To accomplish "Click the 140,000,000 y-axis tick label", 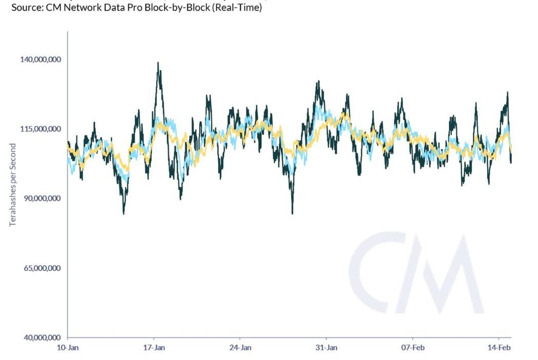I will [x=41, y=60].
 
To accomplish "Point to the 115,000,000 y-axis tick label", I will [x=41, y=129].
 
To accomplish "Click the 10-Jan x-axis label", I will [x=67, y=348].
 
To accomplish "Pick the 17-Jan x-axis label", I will [x=154, y=348].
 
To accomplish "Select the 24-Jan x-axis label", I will [x=240, y=348].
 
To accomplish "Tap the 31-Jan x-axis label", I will [x=326, y=348].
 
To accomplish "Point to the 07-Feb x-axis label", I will [x=412, y=348].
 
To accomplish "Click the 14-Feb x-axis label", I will [x=498, y=348].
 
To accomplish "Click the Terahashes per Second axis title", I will [x=13, y=185].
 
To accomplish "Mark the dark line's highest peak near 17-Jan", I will [x=158, y=63].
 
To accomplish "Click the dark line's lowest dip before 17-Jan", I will [x=124, y=213].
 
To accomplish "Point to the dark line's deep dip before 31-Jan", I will [x=292, y=213].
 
